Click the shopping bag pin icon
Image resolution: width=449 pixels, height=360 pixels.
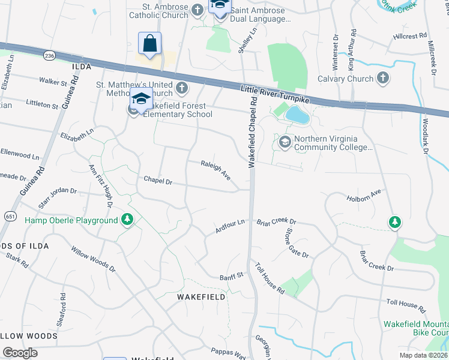coord(149,44)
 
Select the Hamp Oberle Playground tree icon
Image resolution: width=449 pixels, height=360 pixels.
coord(127,220)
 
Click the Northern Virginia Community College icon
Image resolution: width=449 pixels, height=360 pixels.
coord(285,142)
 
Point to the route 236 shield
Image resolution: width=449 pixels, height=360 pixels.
coord(49,55)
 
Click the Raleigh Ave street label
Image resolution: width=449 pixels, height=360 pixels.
coord(216,169)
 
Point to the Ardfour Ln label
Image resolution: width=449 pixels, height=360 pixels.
coord(231,227)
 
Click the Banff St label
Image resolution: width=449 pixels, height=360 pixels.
coord(231,275)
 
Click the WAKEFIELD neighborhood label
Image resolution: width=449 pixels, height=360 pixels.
coord(202,297)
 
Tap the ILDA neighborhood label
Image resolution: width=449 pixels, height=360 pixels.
coord(81,66)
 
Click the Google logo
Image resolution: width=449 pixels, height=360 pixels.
coord(20,352)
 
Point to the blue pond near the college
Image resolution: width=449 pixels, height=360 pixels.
coord(297,115)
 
